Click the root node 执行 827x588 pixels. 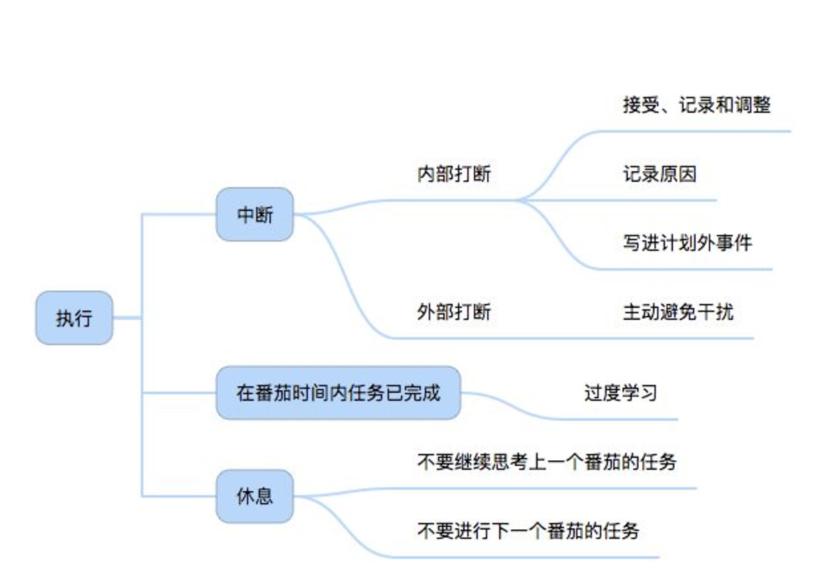pyautogui.click(x=74, y=318)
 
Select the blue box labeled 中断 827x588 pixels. pyautogui.click(x=255, y=214)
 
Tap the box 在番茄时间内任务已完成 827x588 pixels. pyautogui.click(x=338, y=393)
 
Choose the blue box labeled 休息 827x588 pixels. pyautogui.click(x=255, y=496)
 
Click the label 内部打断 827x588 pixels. pyautogui.click(x=454, y=175)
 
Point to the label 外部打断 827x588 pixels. pyautogui.click(x=454, y=312)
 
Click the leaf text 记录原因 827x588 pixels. pyautogui.click(x=659, y=175)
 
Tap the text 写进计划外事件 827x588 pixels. pyautogui.click(x=687, y=243)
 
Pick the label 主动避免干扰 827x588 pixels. pyautogui.click(x=678, y=312)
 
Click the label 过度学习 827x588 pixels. pyautogui.click(x=621, y=393)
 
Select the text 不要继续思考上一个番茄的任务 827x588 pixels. pyautogui.click(x=546, y=461)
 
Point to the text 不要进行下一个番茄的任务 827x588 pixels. pyautogui.click(x=528, y=530)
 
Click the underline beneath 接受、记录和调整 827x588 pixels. pyautogui.click(x=697, y=131)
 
